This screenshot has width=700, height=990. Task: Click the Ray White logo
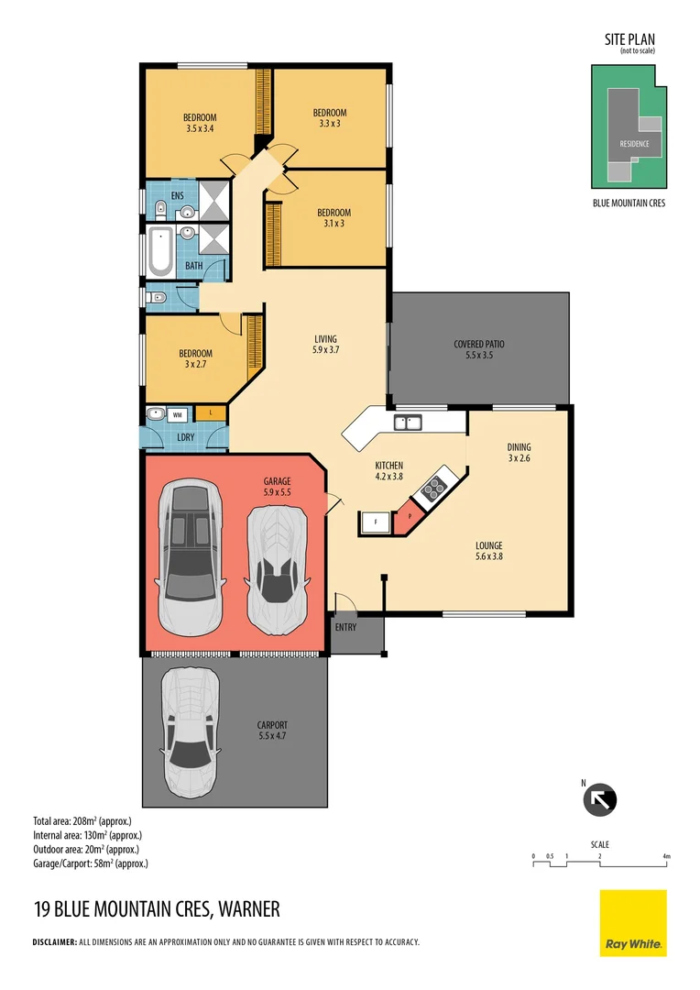pos(633,922)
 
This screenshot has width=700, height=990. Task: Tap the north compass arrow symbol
pos(599,800)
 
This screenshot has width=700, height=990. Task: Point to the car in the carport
pos(190,732)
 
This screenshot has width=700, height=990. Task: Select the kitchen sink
pos(407,422)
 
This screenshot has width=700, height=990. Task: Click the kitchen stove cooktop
pos(434,488)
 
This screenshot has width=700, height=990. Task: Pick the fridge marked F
pos(376,522)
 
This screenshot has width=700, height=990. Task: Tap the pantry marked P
pos(409,516)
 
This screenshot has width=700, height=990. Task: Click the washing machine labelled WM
pos(178,415)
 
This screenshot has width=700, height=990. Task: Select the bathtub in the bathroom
pos(160,252)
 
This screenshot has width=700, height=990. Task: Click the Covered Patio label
pos(479,349)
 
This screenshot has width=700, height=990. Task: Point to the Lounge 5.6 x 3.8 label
pos(489,551)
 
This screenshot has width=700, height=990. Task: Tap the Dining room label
pos(519,452)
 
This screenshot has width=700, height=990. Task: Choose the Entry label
pos(346,627)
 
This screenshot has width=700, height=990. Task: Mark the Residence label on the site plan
pos(634,144)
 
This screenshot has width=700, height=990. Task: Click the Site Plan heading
pos(629,39)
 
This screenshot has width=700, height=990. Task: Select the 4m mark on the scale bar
pos(666,857)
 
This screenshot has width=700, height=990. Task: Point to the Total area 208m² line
pos(82,821)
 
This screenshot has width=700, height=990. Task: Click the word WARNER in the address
pos(249,909)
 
